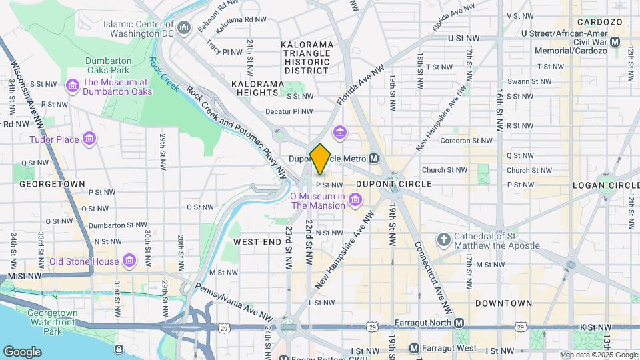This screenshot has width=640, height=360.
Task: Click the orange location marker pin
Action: coord(321,159)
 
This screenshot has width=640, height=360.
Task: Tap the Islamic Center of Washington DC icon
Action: coord(184,27)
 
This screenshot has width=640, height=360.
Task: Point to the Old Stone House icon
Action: coord(129,261)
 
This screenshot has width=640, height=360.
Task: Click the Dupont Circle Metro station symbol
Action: coord(374,159)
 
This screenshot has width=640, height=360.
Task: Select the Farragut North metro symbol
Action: coord(459,323)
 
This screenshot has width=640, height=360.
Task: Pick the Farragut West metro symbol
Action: coord(413,348)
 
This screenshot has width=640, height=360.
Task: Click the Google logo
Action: coord(22,351)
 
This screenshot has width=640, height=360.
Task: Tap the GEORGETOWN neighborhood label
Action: coord(52,183)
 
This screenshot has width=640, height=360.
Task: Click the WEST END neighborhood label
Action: coord(257,242)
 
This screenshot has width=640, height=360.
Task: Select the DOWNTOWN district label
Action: coord(503,303)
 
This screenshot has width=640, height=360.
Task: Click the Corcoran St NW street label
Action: coord(467,141)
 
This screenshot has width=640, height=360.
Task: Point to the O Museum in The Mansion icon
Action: coord(355,200)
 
